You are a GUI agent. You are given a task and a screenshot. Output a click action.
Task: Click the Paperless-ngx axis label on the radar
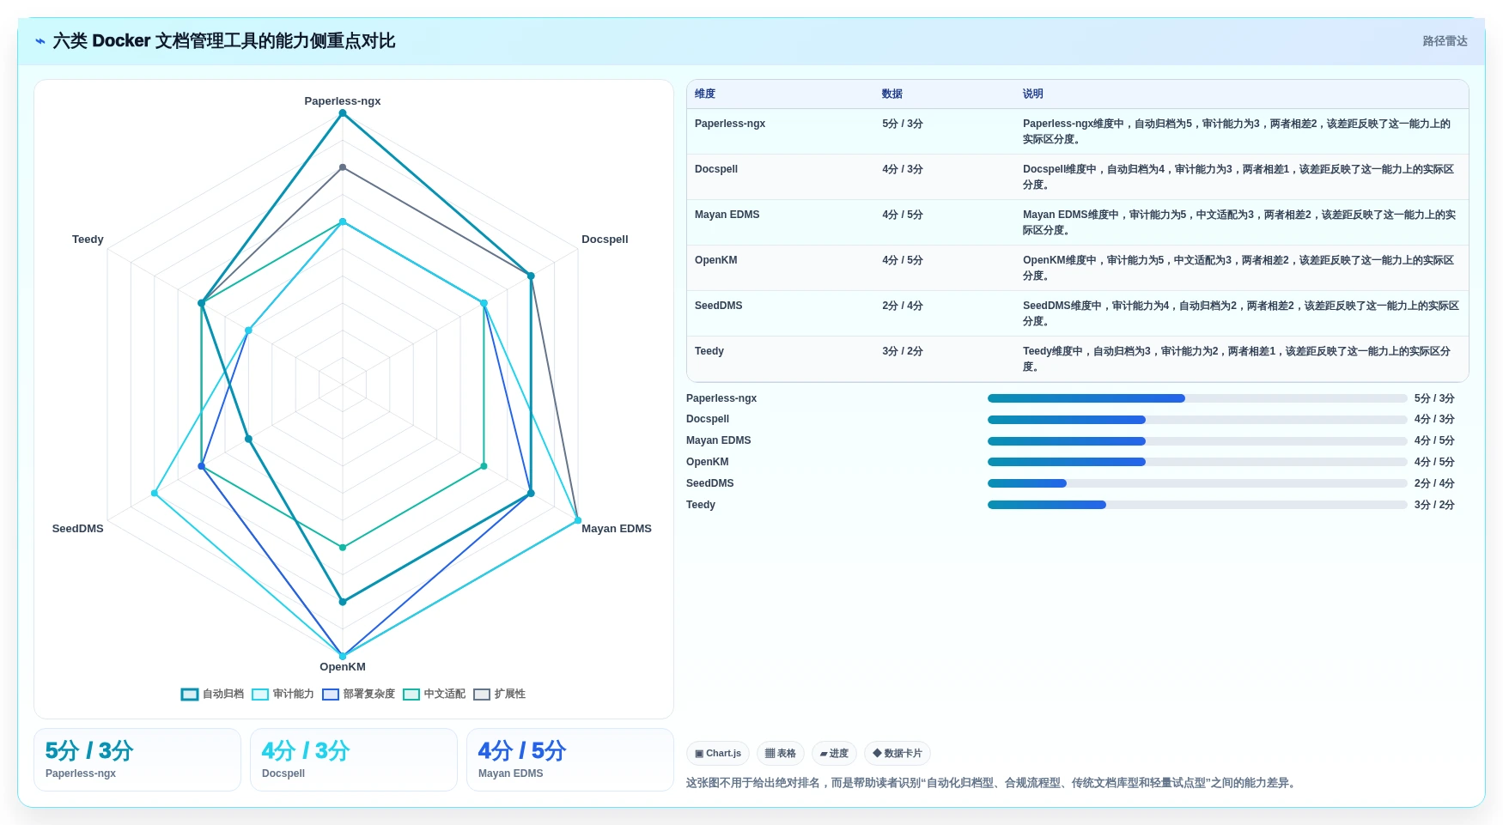pos(342,101)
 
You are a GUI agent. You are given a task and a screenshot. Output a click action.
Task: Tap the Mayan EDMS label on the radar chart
pos(616,529)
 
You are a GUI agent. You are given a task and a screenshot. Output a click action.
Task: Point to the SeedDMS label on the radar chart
pos(77,529)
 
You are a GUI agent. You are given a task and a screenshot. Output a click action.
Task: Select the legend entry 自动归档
pos(212,694)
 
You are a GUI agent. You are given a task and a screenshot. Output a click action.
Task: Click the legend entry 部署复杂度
pos(358,694)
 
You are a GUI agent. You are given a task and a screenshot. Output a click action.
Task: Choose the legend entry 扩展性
pos(499,694)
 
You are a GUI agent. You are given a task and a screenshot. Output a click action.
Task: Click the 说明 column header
pos(1032,94)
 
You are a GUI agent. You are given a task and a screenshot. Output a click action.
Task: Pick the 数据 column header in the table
pos(891,94)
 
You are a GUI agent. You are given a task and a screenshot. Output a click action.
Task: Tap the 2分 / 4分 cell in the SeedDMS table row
pos(902,306)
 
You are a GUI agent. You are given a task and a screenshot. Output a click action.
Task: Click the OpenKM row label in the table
pos(715,260)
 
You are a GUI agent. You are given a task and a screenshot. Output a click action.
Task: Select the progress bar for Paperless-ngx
pos(1196,398)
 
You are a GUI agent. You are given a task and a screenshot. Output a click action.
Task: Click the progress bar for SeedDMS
pos(1196,483)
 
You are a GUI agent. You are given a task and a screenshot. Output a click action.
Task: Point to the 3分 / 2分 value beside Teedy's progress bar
pos(1434,505)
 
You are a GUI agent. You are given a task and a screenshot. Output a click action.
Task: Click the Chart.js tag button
pos(718,753)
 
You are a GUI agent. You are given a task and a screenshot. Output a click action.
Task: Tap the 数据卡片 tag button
pos(897,753)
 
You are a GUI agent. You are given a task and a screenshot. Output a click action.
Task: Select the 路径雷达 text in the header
pos(1445,41)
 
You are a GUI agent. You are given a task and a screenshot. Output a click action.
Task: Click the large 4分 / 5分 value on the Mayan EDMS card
pos(521,751)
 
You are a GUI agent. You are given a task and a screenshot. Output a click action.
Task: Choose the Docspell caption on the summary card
pos(283,773)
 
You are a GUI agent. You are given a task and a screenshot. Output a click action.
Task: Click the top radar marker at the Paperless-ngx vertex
pos(343,113)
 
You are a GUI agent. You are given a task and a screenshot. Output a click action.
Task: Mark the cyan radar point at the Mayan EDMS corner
pos(578,520)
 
